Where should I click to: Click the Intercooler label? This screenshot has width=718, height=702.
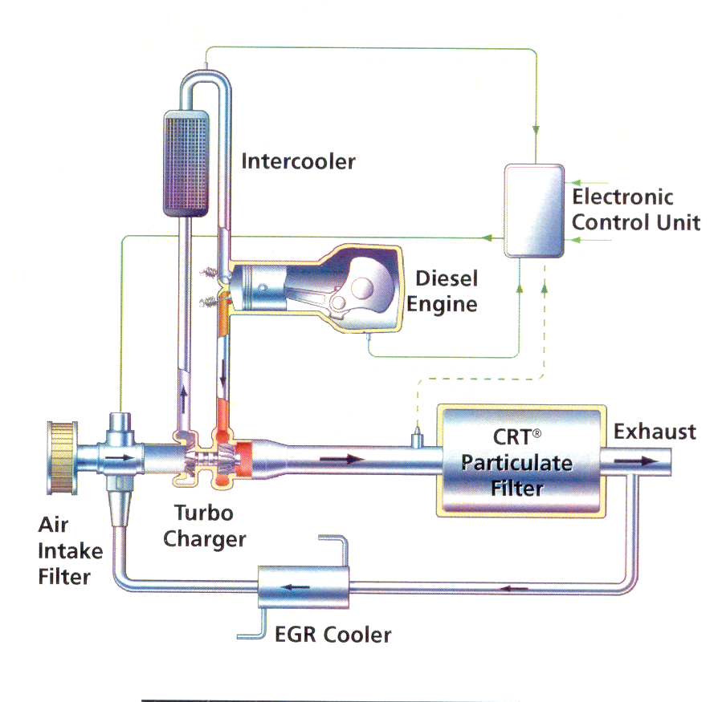tap(298, 161)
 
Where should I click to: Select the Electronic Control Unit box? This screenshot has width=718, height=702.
tap(532, 209)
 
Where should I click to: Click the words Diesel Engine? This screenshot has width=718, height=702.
tap(446, 291)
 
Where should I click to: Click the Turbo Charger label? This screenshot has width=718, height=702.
tap(204, 525)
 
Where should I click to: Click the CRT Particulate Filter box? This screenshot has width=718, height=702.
tap(517, 461)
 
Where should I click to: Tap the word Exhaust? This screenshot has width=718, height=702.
tap(655, 432)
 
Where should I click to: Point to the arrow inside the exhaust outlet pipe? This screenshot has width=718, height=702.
tap(634, 461)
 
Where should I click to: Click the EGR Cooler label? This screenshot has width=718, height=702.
tap(332, 635)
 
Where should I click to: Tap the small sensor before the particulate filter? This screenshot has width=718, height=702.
tap(416, 438)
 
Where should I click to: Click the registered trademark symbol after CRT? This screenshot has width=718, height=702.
tap(536, 434)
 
